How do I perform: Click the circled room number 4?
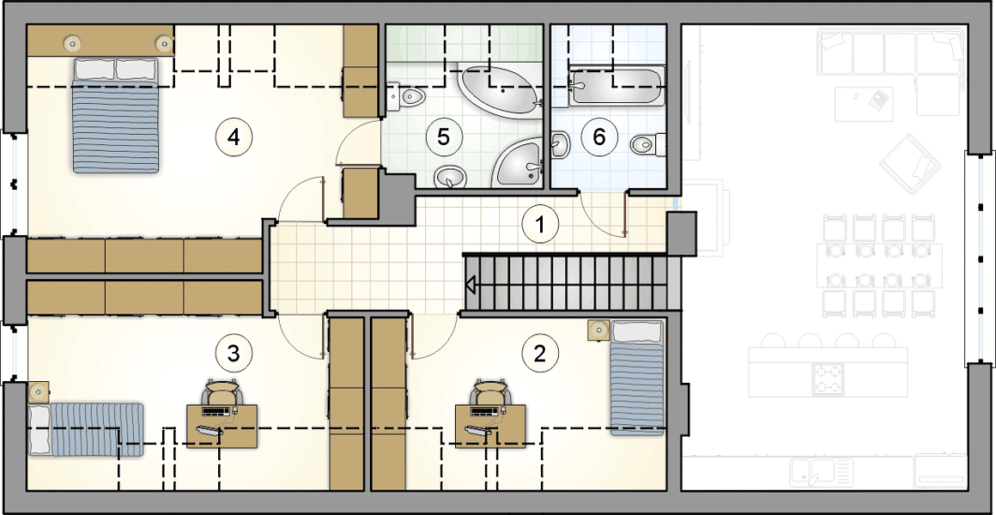coord(234,136)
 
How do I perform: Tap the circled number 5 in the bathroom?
coord(443,136)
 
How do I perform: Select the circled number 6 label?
coord(604,136)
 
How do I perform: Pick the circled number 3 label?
coord(234,353)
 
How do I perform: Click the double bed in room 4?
coord(115,116)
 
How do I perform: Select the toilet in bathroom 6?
coord(648,144)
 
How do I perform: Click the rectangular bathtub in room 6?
coord(616,87)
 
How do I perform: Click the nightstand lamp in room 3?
coord(39,391)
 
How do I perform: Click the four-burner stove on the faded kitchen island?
coord(828,379)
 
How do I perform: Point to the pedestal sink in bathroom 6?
coord(560,144)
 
